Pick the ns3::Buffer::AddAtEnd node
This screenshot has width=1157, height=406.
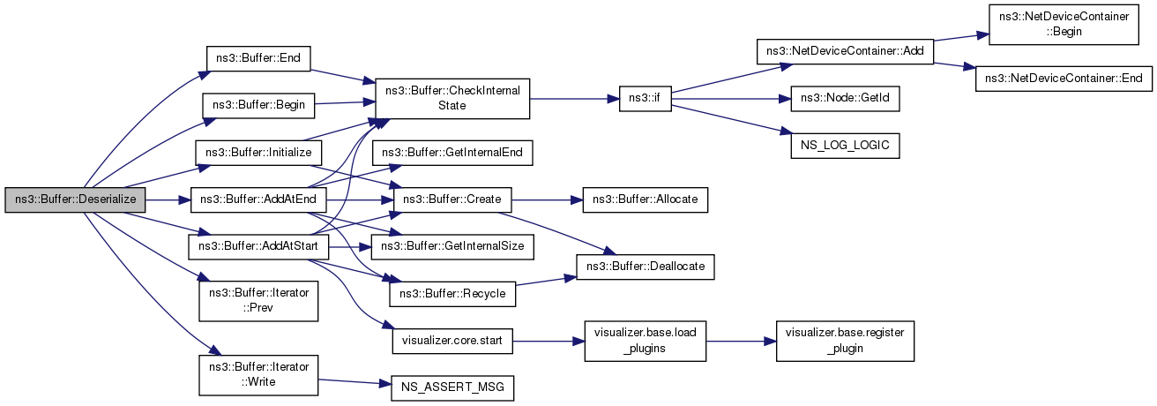point(258,200)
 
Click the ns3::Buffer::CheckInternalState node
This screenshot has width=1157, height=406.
point(453,98)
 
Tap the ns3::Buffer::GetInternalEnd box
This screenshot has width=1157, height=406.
point(453,153)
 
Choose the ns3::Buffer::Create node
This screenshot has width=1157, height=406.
point(453,200)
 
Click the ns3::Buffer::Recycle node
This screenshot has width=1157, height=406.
point(453,293)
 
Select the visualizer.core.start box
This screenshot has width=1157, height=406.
point(453,339)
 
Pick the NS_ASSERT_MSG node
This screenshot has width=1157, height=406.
point(453,387)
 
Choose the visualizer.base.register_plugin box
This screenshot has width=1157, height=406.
point(845,339)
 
